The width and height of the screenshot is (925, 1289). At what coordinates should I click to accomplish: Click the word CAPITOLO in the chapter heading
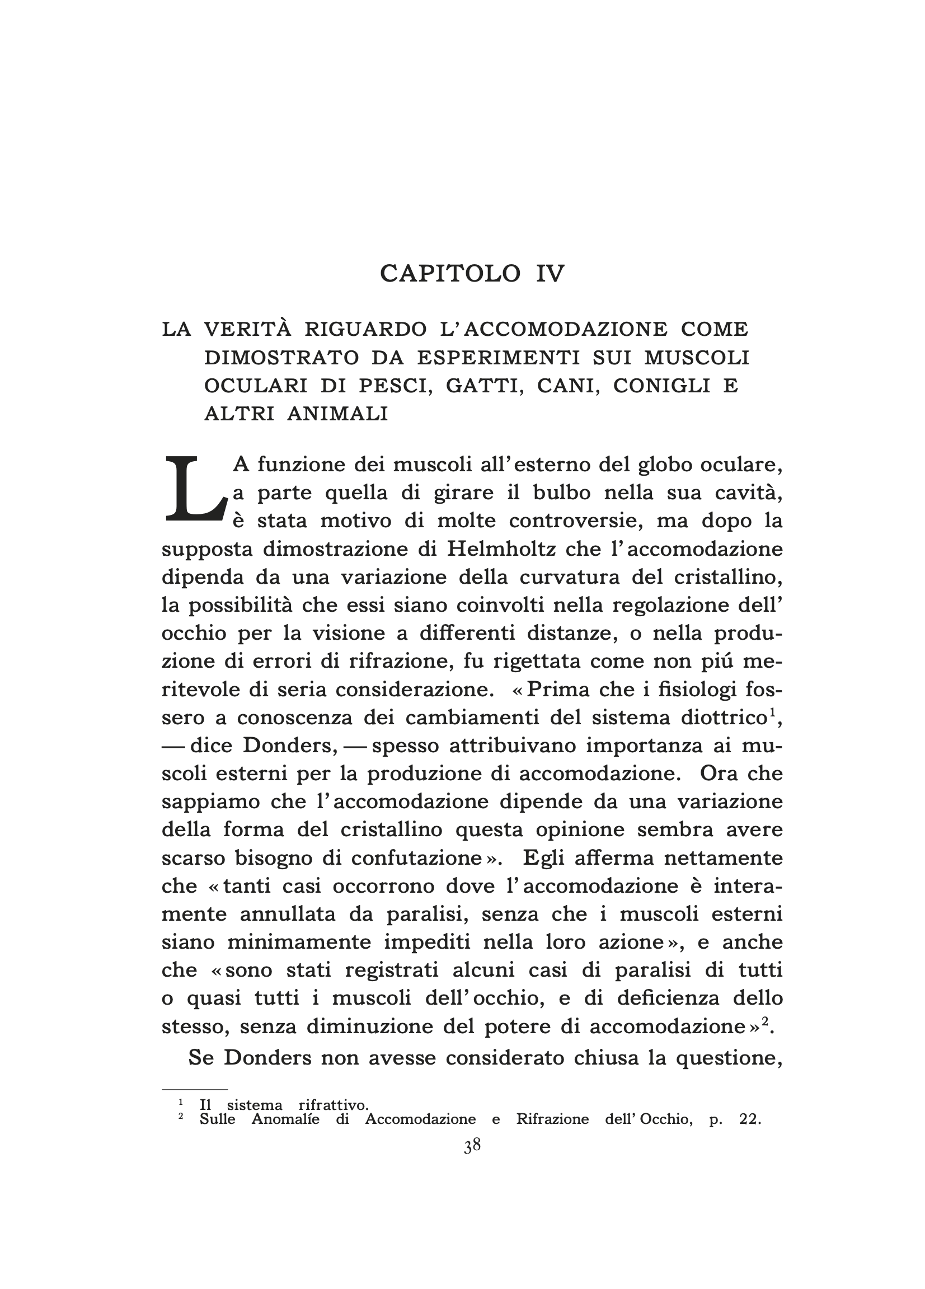(x=449, y=274)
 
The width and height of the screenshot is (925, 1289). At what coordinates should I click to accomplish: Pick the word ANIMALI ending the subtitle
(x=337, y=414)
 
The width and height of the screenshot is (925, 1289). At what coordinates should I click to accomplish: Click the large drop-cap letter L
(x=193, y=490)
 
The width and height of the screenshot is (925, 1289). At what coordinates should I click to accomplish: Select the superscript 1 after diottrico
(x=772, y=713)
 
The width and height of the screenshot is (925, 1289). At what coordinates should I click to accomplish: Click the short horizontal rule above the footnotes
(x=194, y=1090)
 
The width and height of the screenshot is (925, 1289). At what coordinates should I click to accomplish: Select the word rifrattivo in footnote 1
(x=334, y=1105)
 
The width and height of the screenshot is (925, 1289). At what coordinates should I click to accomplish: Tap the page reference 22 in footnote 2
(x=749, y=1119)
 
